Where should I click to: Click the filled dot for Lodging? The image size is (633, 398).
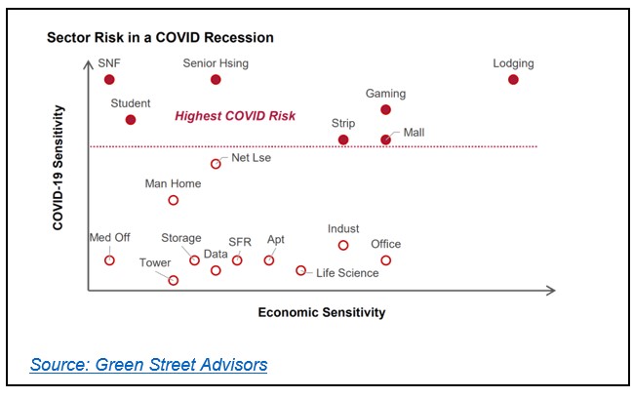(x=514, y=79)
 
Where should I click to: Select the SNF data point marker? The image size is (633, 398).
(x=109, y=79)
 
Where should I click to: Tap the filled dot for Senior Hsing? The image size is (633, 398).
(x=216, y=79)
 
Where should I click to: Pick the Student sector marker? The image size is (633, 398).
(x=131, y=119)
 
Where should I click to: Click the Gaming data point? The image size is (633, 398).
(x=385, y=109)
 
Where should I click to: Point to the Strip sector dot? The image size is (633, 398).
(x=343, y=139)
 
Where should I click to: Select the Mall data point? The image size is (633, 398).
(x=385, y=139)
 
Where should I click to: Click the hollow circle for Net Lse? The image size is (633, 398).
(x=216, y=164)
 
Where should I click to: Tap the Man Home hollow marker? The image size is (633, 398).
(x=174, y=200)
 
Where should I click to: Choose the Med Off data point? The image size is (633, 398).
(x=109, y=260)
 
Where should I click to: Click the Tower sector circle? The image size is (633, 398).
(x=174, y=280)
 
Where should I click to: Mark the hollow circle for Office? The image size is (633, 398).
(x=385, y=260)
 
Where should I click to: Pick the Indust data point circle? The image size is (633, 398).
(x=343, y=245)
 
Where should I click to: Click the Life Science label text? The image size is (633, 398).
(x=347, y=273)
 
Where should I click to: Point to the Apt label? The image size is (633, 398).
(x=276, y=239)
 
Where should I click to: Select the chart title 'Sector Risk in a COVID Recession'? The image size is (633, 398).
(x=161, y=37)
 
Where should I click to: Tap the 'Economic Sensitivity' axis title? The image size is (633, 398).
(x=321, y=313)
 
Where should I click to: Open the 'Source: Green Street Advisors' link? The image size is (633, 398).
(x=148, y=365)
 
